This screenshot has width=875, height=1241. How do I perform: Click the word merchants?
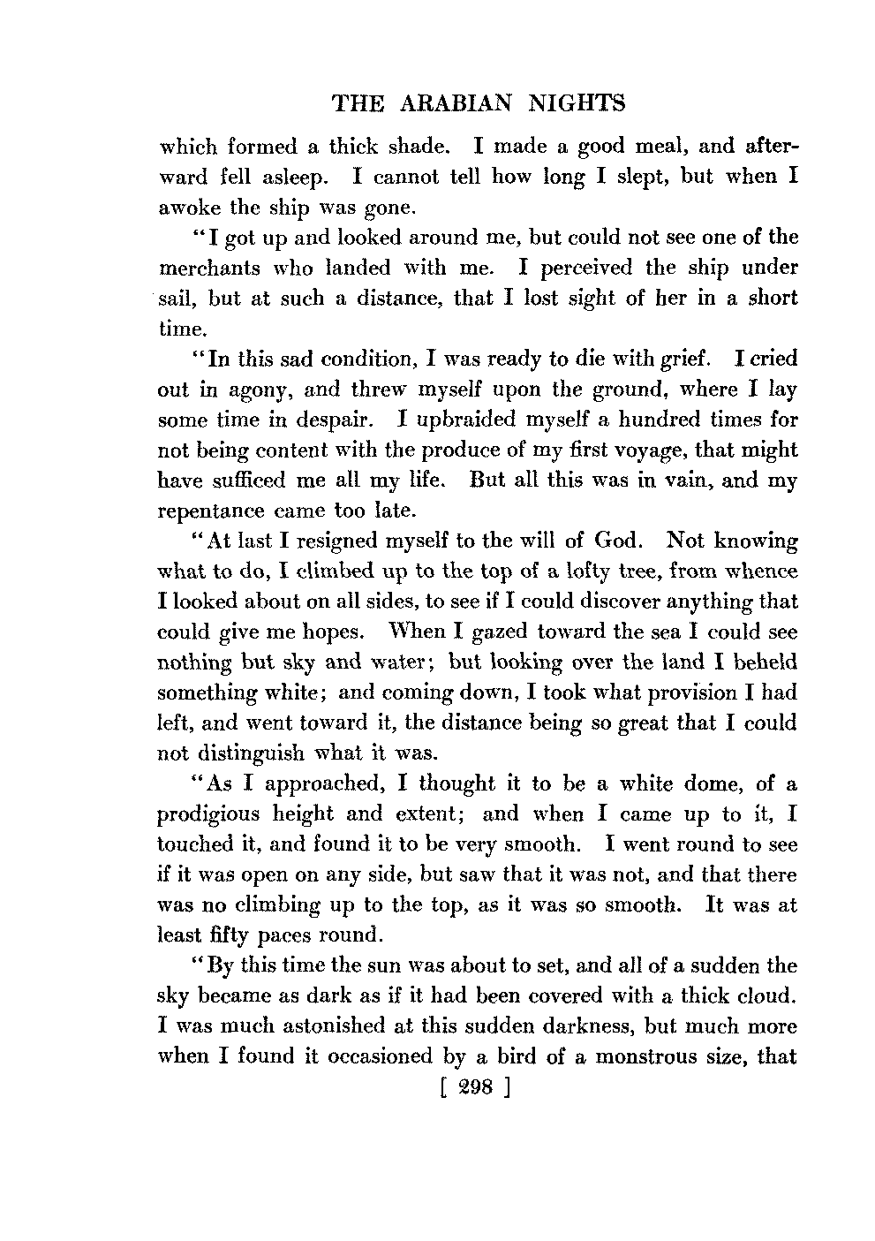pos(210,268)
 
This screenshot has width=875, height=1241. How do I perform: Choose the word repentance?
pos(211,511)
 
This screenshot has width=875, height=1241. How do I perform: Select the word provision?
pos(681,692)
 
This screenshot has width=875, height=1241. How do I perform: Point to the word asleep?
pos(294,177)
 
